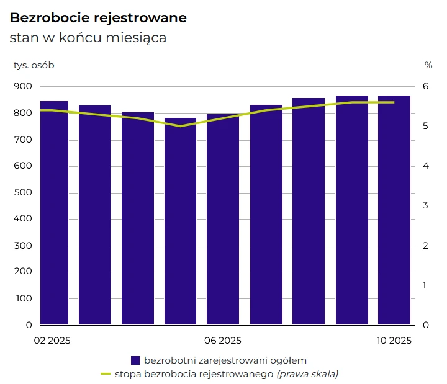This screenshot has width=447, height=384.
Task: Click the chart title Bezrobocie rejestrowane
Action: pos(98,18)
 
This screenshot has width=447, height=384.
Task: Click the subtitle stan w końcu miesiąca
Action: pos(88,38)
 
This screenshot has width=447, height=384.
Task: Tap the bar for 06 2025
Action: pos(223,220)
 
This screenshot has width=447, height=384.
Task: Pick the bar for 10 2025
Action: pos(394,210)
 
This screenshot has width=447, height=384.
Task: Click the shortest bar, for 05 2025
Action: pos(180,221)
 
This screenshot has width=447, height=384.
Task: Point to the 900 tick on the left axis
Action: pos(23,86)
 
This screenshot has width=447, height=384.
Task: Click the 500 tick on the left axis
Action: pos(23,192)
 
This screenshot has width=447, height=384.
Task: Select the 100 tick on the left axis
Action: pos(23,298)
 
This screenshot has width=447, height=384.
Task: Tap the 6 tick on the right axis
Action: pos(426,86)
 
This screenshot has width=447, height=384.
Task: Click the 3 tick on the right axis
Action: pos(426,205)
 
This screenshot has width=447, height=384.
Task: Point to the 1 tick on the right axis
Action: pos(426,285)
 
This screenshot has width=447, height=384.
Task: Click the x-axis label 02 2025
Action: pos(52,341)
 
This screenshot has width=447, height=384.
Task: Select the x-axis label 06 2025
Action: pos(223,341)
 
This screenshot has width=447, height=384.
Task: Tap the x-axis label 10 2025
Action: pos(394,341)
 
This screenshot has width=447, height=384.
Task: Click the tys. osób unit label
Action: pos(34,65)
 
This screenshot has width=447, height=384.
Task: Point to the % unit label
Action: pos(428,65)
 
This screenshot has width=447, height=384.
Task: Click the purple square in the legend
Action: pos(135,360)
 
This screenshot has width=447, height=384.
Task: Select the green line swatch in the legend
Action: pos(105,374)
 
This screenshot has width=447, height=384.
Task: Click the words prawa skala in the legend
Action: pos(307,374)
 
